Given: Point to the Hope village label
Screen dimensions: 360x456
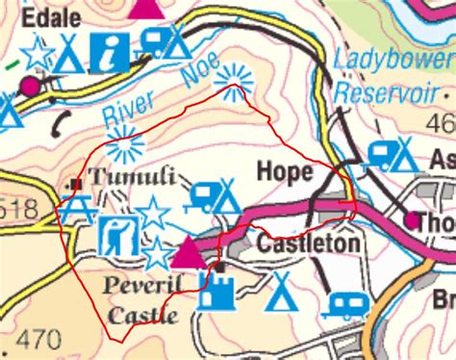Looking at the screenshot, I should click(x=285, y=172).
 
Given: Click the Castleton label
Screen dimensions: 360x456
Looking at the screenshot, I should click(x=310, y=243).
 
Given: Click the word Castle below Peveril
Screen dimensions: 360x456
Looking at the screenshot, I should click(x=142, y=315).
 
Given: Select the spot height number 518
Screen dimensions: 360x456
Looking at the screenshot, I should click(x=18, y=210).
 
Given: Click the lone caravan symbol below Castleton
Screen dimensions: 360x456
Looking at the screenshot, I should click(x=343, y=305).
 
